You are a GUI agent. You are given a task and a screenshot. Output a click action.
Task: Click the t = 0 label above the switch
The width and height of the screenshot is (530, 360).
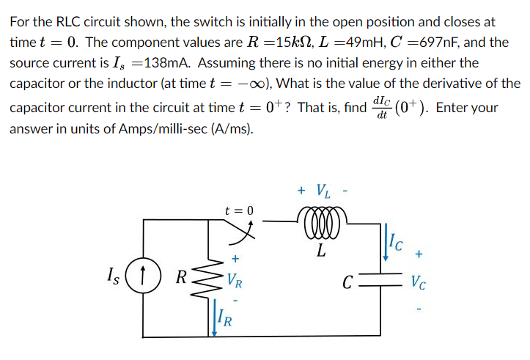pyautogui.click(x=240, y=210)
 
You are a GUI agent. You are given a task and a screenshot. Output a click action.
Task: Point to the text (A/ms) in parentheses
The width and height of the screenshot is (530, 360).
pyautogui.click(x=232, y=129)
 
